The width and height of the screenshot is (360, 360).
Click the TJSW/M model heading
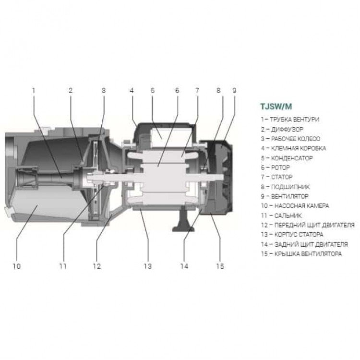click(276, 107)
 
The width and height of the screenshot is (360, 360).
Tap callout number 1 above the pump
click(34, 90)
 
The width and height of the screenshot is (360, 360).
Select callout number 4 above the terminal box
click(132, 90)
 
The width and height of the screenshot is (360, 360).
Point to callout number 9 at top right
click(234, 90)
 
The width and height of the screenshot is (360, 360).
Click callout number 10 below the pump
click(17, 266)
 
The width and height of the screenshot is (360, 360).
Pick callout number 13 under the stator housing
click(148, 266)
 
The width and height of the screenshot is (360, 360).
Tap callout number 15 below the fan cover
click(220, 266)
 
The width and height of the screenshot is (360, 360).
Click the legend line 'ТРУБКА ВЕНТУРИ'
click(294, 120)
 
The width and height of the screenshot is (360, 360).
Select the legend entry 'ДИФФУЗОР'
click(287, 130)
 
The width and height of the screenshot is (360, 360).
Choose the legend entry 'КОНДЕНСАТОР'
click(292, 158)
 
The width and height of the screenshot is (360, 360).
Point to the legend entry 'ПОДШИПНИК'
click(290, 187)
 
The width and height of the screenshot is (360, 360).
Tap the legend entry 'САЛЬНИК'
click(288, 216)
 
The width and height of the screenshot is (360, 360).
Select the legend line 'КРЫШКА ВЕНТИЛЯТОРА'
click(308, 254)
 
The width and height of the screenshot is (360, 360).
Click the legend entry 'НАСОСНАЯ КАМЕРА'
click(302, 206)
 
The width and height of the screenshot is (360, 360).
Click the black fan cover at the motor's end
click(217, 177)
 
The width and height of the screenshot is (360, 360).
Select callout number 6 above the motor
click(177, 90)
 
